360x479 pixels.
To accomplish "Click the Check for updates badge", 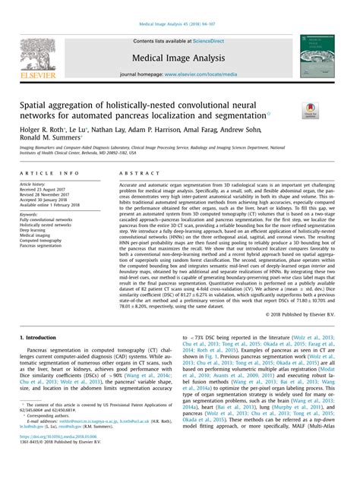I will click(x=310, y=112).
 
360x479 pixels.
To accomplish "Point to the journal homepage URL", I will click(x=205, y=75).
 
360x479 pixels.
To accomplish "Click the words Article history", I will click(x=36, y=184).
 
